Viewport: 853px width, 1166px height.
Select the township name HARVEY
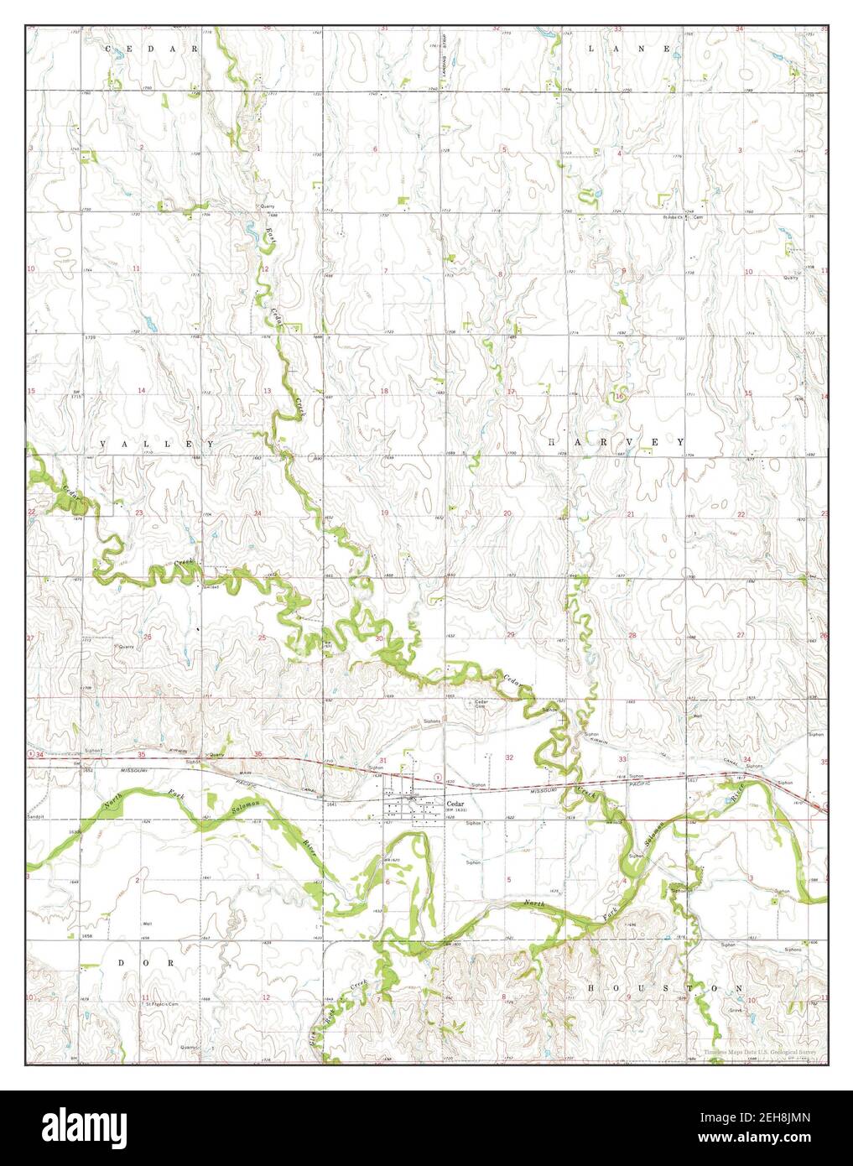(x=616, y=442)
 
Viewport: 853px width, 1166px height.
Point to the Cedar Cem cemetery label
(x=481, y=705)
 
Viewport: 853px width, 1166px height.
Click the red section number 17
(x=510, y=392)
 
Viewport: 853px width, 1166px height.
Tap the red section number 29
(x=511, y=635)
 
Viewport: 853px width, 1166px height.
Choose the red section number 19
(x=385, y=513)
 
